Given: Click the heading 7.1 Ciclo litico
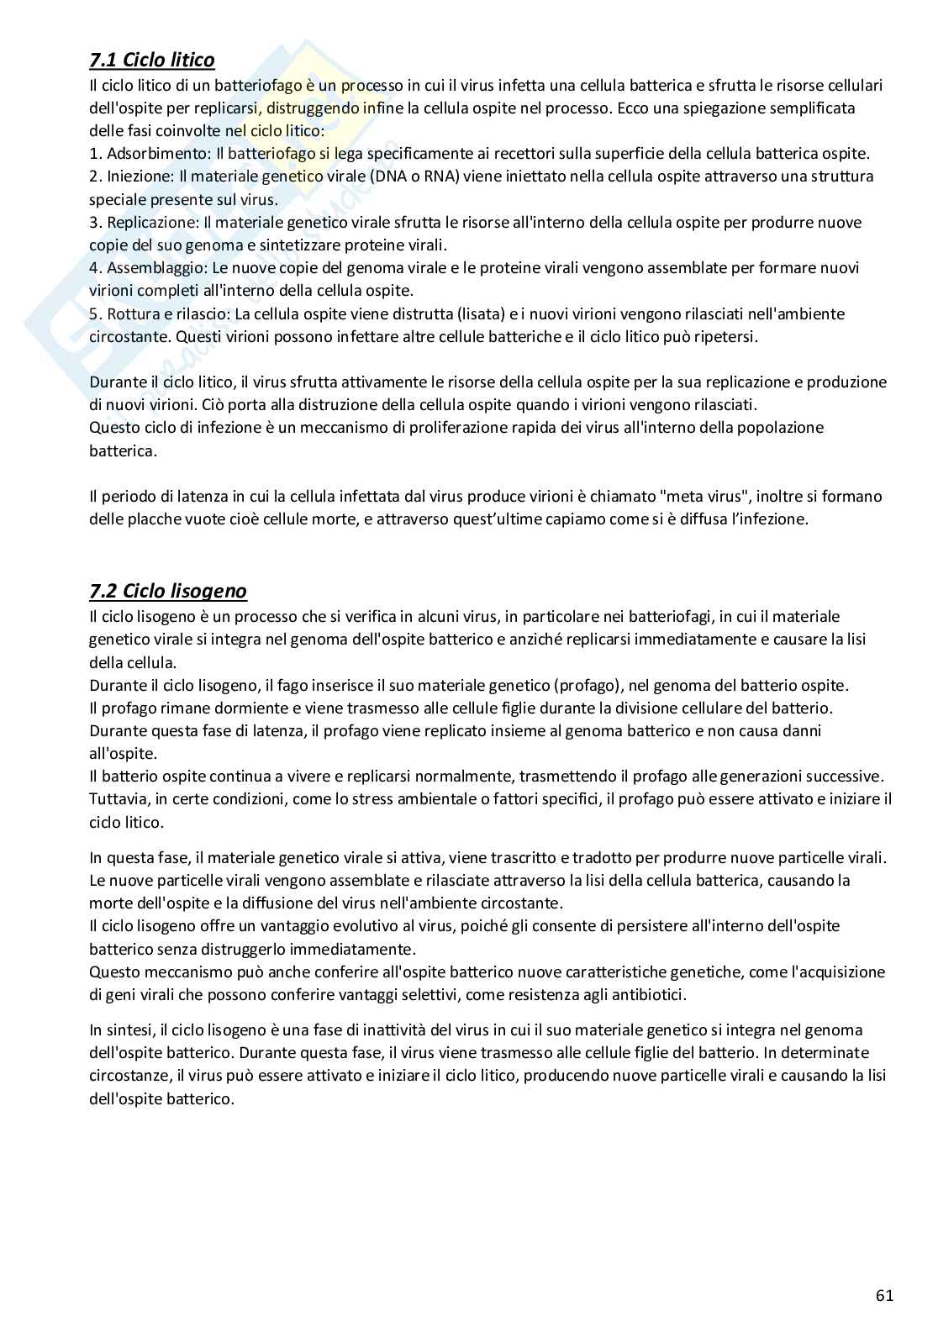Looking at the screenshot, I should click(x=151, y=60).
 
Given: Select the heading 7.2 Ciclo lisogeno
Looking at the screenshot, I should click(x=168, y=591).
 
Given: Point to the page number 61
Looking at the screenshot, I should click(x=884, y=1295).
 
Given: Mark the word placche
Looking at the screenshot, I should click(x=153, y=519).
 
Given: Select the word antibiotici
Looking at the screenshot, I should click(x=650, y=995).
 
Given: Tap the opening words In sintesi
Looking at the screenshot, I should click(x=122, y=1029).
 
